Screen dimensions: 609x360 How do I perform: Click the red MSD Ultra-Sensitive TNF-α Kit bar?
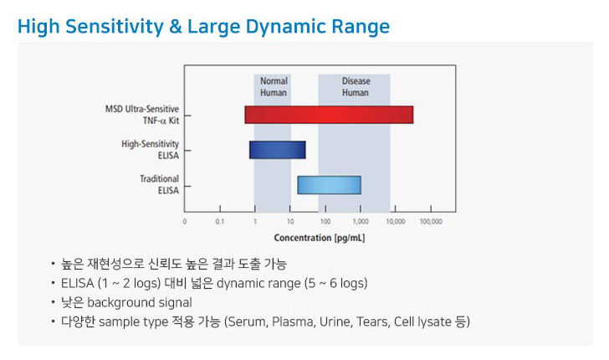[x=329, y=115]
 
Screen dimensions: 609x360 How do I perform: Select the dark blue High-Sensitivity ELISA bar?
[x=278, y=150]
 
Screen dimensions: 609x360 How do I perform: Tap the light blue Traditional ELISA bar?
[x=329, y=185]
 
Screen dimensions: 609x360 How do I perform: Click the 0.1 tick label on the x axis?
[x=220, y=222]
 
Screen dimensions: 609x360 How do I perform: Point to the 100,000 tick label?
[x=431, y=222]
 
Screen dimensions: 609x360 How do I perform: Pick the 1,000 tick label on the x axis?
[x=361, y=222]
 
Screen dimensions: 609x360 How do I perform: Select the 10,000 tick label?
[x=396, y=222]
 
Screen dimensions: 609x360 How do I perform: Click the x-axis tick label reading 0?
[x=185, y=222]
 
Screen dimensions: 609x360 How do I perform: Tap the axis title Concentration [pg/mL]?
[x=320, y=238]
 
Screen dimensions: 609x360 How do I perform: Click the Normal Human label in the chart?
[x=274, y=87]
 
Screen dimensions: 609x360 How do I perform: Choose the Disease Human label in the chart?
[x=356, y=87]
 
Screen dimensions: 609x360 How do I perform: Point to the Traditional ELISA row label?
[x=160, y=185]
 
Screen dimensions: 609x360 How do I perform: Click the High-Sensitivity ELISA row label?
[x=151, y=150]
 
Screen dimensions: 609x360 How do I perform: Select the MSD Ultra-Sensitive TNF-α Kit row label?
[x=142, y=115]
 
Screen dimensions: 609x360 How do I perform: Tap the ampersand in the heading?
[x=176, y=27]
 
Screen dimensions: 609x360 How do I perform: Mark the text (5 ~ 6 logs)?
[x=336, y=284]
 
